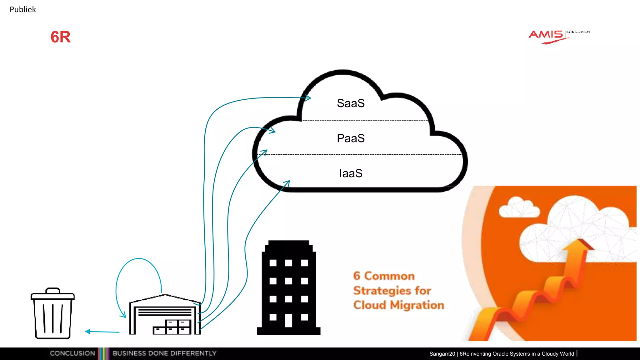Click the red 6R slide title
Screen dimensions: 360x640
61,37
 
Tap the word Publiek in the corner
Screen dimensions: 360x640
23,10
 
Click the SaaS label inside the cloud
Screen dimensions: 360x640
351,103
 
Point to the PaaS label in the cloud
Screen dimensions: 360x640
351,138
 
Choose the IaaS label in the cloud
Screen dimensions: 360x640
351,173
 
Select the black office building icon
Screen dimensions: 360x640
288,287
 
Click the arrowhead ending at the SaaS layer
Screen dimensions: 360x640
307,98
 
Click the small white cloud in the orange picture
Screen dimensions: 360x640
519,208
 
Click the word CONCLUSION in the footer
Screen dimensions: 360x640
72,353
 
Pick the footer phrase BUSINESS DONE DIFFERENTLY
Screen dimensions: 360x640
164,353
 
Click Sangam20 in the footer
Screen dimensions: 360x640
442,354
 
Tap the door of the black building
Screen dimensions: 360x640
288,320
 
